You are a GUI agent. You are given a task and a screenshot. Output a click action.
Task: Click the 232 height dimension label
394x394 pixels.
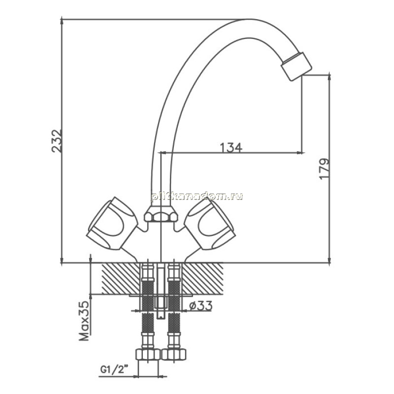click(x=57, y=141)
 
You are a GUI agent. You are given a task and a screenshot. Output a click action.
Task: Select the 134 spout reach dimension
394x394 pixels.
click(x=231, y=147)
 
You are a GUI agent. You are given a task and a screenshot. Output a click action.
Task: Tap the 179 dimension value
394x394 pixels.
click(x=324, y=168)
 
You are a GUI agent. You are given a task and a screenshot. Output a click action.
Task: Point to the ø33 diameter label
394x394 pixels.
click(x=201, y=305)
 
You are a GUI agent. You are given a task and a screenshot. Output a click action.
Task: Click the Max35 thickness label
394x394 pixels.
click(x=84, y=321)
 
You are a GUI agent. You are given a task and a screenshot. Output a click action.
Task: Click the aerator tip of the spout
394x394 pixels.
click(x=296, y=66)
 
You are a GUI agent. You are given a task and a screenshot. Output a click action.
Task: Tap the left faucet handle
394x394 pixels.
click(x=112, y=224)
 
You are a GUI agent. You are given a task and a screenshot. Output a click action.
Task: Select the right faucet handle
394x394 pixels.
click(x=210, y=224)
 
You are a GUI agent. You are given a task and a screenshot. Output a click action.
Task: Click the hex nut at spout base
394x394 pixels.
click(x=161, y=214)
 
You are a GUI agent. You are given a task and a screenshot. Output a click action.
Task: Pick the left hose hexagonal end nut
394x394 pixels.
click(x=148, y=355)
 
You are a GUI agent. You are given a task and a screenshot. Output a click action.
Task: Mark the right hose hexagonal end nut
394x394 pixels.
click(x=174, y=355)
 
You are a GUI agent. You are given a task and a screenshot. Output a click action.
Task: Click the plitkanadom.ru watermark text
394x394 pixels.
click(x=197, y=197)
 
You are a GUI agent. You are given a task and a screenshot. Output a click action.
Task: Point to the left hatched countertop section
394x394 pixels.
click(x=121, y=278)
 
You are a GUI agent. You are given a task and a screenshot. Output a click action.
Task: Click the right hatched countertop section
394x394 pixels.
click(x=202, y=278)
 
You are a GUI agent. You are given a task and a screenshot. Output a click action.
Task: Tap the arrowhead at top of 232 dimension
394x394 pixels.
click(x=62, y=21)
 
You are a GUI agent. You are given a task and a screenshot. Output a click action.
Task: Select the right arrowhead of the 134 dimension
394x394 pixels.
click(x=301, y=152)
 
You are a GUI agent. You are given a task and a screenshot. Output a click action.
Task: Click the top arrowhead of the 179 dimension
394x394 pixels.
click(x=329, y=77)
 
